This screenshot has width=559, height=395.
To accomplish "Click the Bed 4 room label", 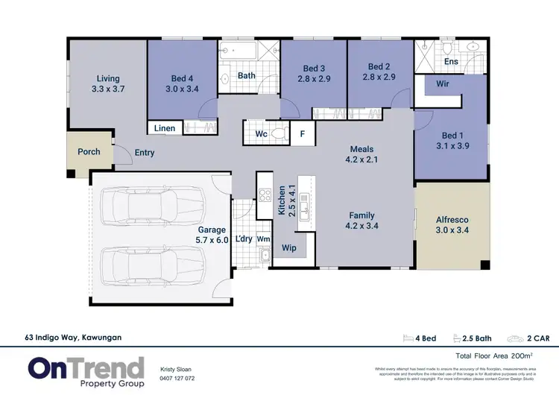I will click(182, 78).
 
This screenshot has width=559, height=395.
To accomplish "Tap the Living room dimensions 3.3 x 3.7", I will click(108, 89).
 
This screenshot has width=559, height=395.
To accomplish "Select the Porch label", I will click(89, 152).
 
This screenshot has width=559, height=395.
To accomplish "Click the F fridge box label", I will click(302, 135).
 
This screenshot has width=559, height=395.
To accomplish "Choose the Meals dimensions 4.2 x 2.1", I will click(362, 159).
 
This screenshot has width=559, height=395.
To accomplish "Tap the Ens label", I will click(451, 62).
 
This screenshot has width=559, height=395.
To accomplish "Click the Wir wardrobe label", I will click(442, 85).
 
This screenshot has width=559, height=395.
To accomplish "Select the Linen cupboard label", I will click(165, 128).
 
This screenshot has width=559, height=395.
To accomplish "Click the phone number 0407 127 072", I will click(177, 378).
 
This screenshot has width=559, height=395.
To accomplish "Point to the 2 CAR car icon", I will click(516, 338).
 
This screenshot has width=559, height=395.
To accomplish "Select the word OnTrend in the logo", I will click(86, 367).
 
